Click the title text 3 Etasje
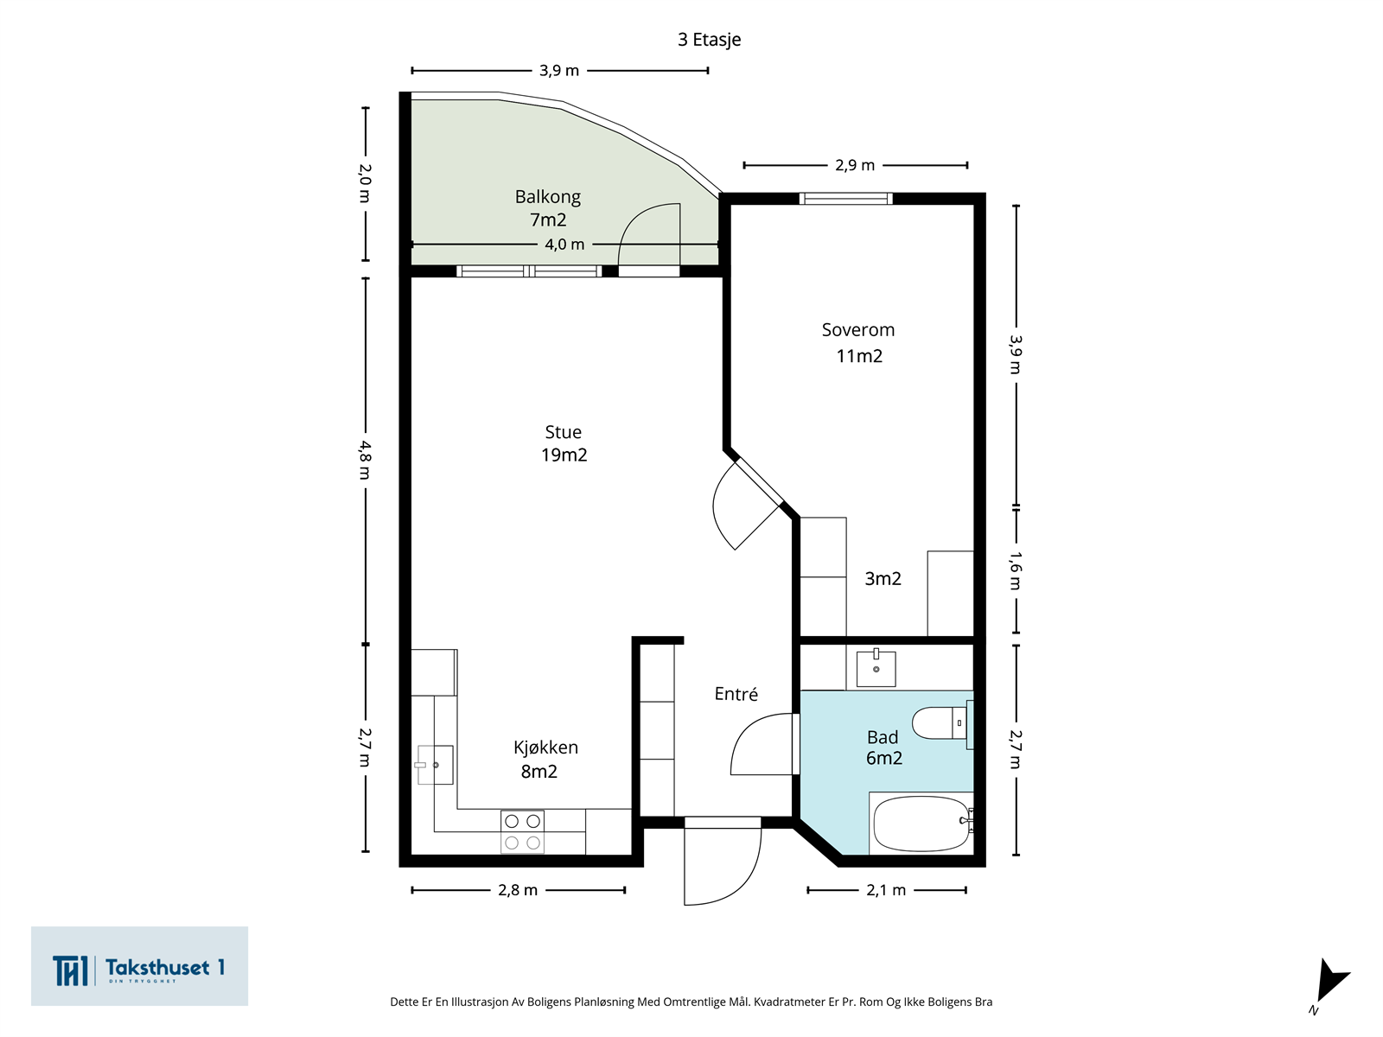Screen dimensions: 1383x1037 click(x=709, y=40)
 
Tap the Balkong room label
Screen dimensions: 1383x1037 click(x=547, y=197)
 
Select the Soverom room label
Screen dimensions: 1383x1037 click(x=858, y=330)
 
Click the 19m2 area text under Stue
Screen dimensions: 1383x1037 click(x=564, y=455)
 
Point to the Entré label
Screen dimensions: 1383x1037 click(x=736, y=693)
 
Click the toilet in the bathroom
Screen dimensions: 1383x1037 click(x=942, y=722)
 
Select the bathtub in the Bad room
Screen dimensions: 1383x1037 click(x=922, y=824)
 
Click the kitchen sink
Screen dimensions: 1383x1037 click(x=434, y=765)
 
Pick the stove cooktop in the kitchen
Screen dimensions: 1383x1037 click(x=522, y=831)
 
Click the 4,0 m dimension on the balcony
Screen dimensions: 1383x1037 click(x=564, y=244)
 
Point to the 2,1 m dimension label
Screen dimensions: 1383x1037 click(x=886, y=890)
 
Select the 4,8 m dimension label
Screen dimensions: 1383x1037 click(x=366, y=461)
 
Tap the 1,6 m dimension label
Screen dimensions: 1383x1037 click(x=1015, y=570)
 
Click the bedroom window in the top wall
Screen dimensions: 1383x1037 click(x=846, y=199)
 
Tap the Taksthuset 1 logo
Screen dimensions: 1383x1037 click(x=139, y=966)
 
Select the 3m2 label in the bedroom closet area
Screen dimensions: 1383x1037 click(x=883, y=578)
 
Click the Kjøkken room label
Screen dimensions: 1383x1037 click(x=545, y=748)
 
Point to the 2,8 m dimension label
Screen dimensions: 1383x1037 click(x=518, y=890)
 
